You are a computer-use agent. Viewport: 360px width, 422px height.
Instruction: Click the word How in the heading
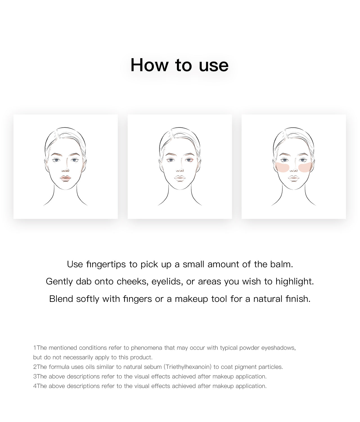149,65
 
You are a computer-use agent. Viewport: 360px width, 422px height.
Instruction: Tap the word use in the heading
213,66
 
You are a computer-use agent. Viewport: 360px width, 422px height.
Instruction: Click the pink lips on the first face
65,178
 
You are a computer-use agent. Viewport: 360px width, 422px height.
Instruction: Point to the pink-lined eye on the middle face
189,160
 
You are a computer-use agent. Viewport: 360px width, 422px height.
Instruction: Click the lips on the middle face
180,178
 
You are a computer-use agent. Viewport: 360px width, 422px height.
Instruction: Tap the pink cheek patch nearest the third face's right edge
305,167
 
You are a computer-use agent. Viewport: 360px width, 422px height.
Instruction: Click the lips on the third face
293,178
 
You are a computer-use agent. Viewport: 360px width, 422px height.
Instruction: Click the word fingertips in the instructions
106,264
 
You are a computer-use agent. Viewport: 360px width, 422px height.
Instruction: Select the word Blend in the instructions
61,299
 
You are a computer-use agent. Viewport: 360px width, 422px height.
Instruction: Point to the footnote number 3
35,376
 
